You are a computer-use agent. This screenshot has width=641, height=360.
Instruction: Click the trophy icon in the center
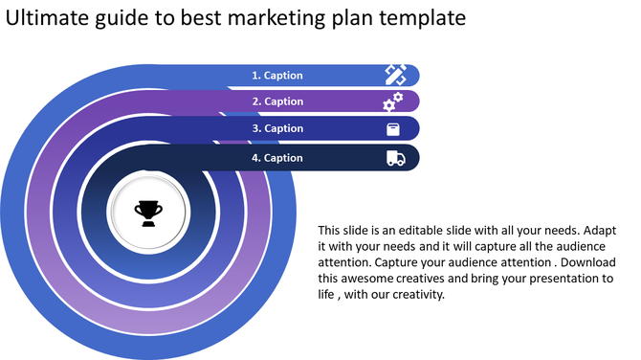tap(148, 212)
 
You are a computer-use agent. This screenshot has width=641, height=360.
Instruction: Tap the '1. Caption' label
tap(277, 75)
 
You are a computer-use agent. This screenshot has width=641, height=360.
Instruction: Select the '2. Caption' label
tap(277, 101)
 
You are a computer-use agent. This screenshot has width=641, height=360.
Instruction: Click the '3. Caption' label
tap(277, 128)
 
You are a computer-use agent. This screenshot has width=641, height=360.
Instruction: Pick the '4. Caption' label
tap(277, 158)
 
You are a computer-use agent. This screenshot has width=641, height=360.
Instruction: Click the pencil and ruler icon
tap(394, 74)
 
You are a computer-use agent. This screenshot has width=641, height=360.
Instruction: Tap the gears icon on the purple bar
tap(393, 101)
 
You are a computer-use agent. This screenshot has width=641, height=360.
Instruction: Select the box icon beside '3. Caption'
tap(393, 129)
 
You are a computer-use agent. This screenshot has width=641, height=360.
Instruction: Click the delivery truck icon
tap(395, 158)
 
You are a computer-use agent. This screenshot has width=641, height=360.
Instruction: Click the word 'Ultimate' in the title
tap(48, 18)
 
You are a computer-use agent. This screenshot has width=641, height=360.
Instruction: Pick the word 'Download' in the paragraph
tap(584, 262)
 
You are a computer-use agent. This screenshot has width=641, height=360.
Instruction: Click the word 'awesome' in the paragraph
tap(369, 279)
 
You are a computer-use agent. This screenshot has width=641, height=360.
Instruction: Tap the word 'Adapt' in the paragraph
tap(599, 231)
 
